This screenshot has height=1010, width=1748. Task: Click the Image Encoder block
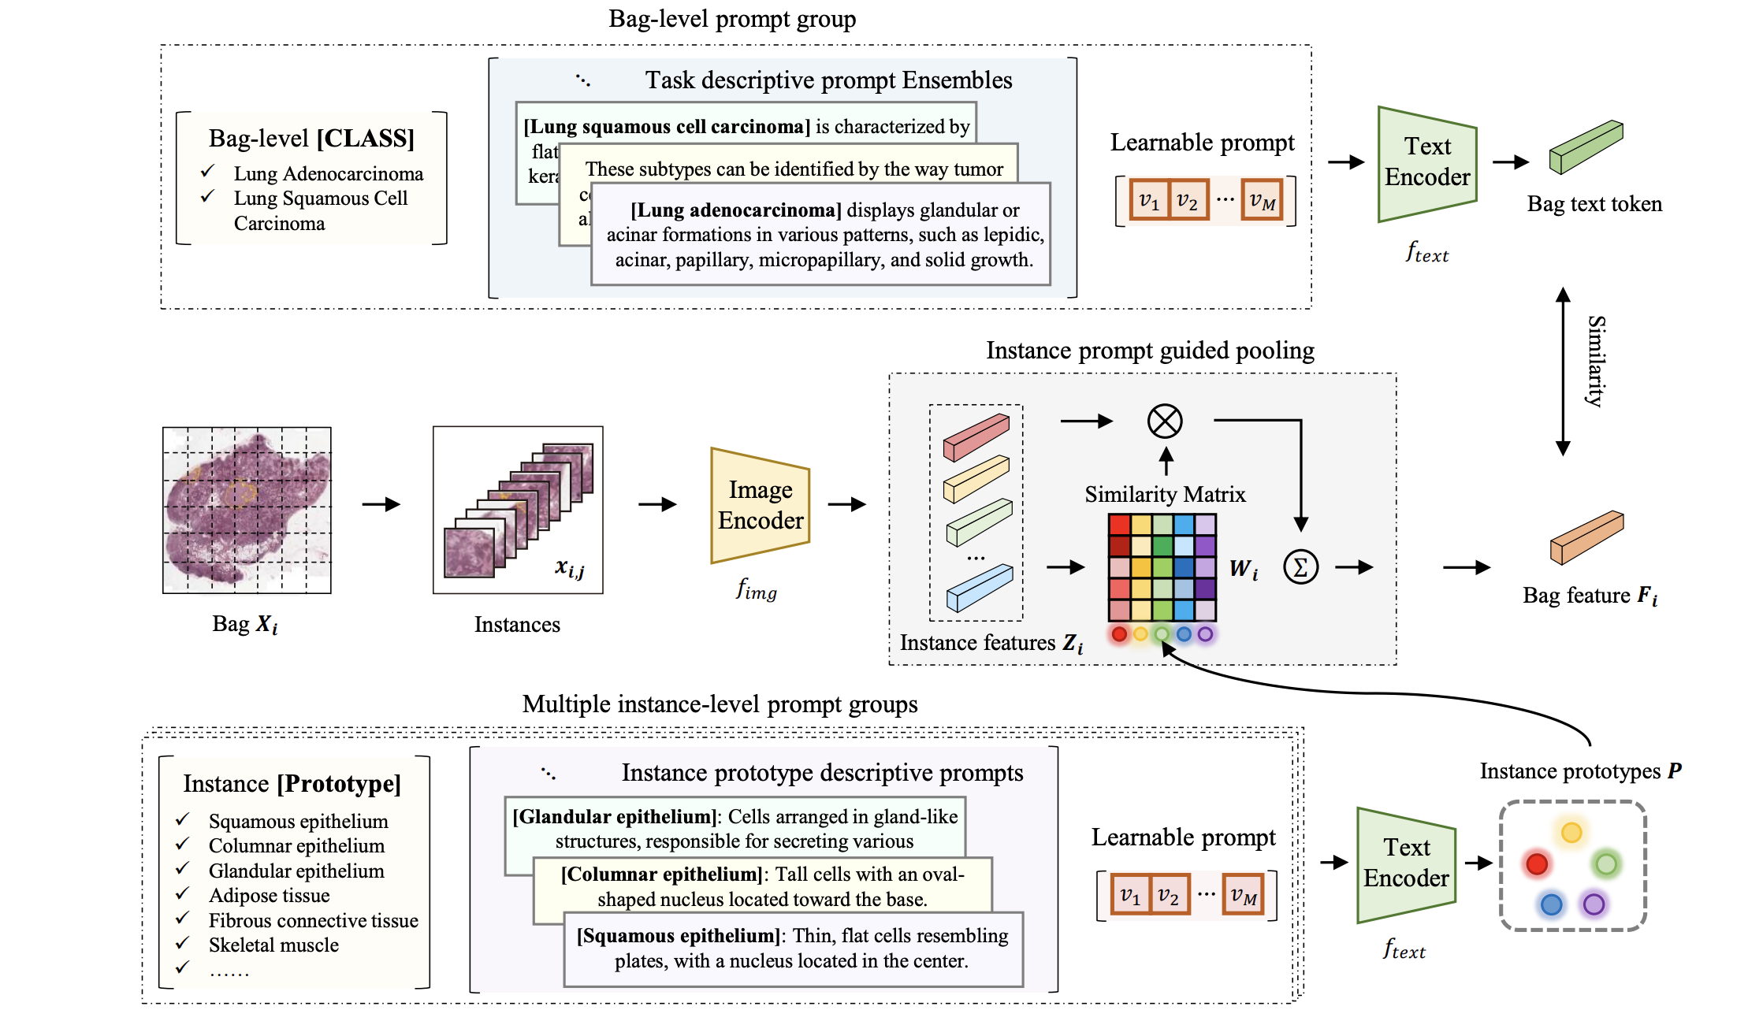pyautogui.click(x=760, y=506)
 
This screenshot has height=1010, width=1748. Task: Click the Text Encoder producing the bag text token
pyautogui.click(x=1426, y=163)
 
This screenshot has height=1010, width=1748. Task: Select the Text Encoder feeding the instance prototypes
pyautogui.click(x=1406, y=863)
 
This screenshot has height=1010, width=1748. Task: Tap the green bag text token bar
pyautogui.click(x=1586, y=147)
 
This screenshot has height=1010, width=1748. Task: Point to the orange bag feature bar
pyautogui.click(x=1586, y=537)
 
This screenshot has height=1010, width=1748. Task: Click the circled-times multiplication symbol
pyautogui.click(x=1165, y=421)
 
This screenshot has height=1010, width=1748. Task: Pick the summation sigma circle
pyautogui.click(x=1300, y=566)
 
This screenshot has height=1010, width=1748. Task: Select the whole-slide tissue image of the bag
pyautogui.click(x=247, y=510)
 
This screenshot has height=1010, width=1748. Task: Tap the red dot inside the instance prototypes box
pyautogui.click(x=1537, y=863)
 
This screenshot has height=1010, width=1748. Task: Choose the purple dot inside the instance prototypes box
pyautogui.click(x=1594, y=904)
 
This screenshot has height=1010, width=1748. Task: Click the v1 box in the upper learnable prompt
pyautogui.click(x=1149, y=201)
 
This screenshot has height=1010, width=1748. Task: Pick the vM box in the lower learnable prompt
pyautogui.click(x=1243, y=896)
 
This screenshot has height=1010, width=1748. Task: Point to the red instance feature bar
pyautogui.click(x=976, y=437)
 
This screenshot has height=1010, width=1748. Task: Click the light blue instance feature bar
pyautogui.click(x=980, y=588)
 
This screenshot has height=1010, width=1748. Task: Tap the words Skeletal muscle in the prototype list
pyautogui.click(x=273, y=945)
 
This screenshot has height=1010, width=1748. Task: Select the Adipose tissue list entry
pyautogui.click(x=269, y=895)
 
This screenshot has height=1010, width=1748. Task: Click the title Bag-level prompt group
pyautogui.click(x=732, y=18)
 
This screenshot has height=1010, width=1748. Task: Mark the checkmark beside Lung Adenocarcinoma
pyautogui.click(x=208, y=171)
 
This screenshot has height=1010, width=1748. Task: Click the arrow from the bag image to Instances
pyautogui.click(x=381, y=504)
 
